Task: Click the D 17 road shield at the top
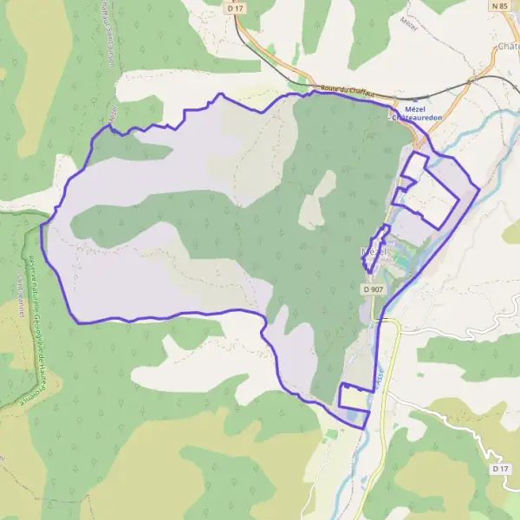click(231, 8)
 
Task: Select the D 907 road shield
click(374, 289)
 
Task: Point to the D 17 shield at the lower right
click(498, 469)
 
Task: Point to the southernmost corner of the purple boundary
click(363, 428)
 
